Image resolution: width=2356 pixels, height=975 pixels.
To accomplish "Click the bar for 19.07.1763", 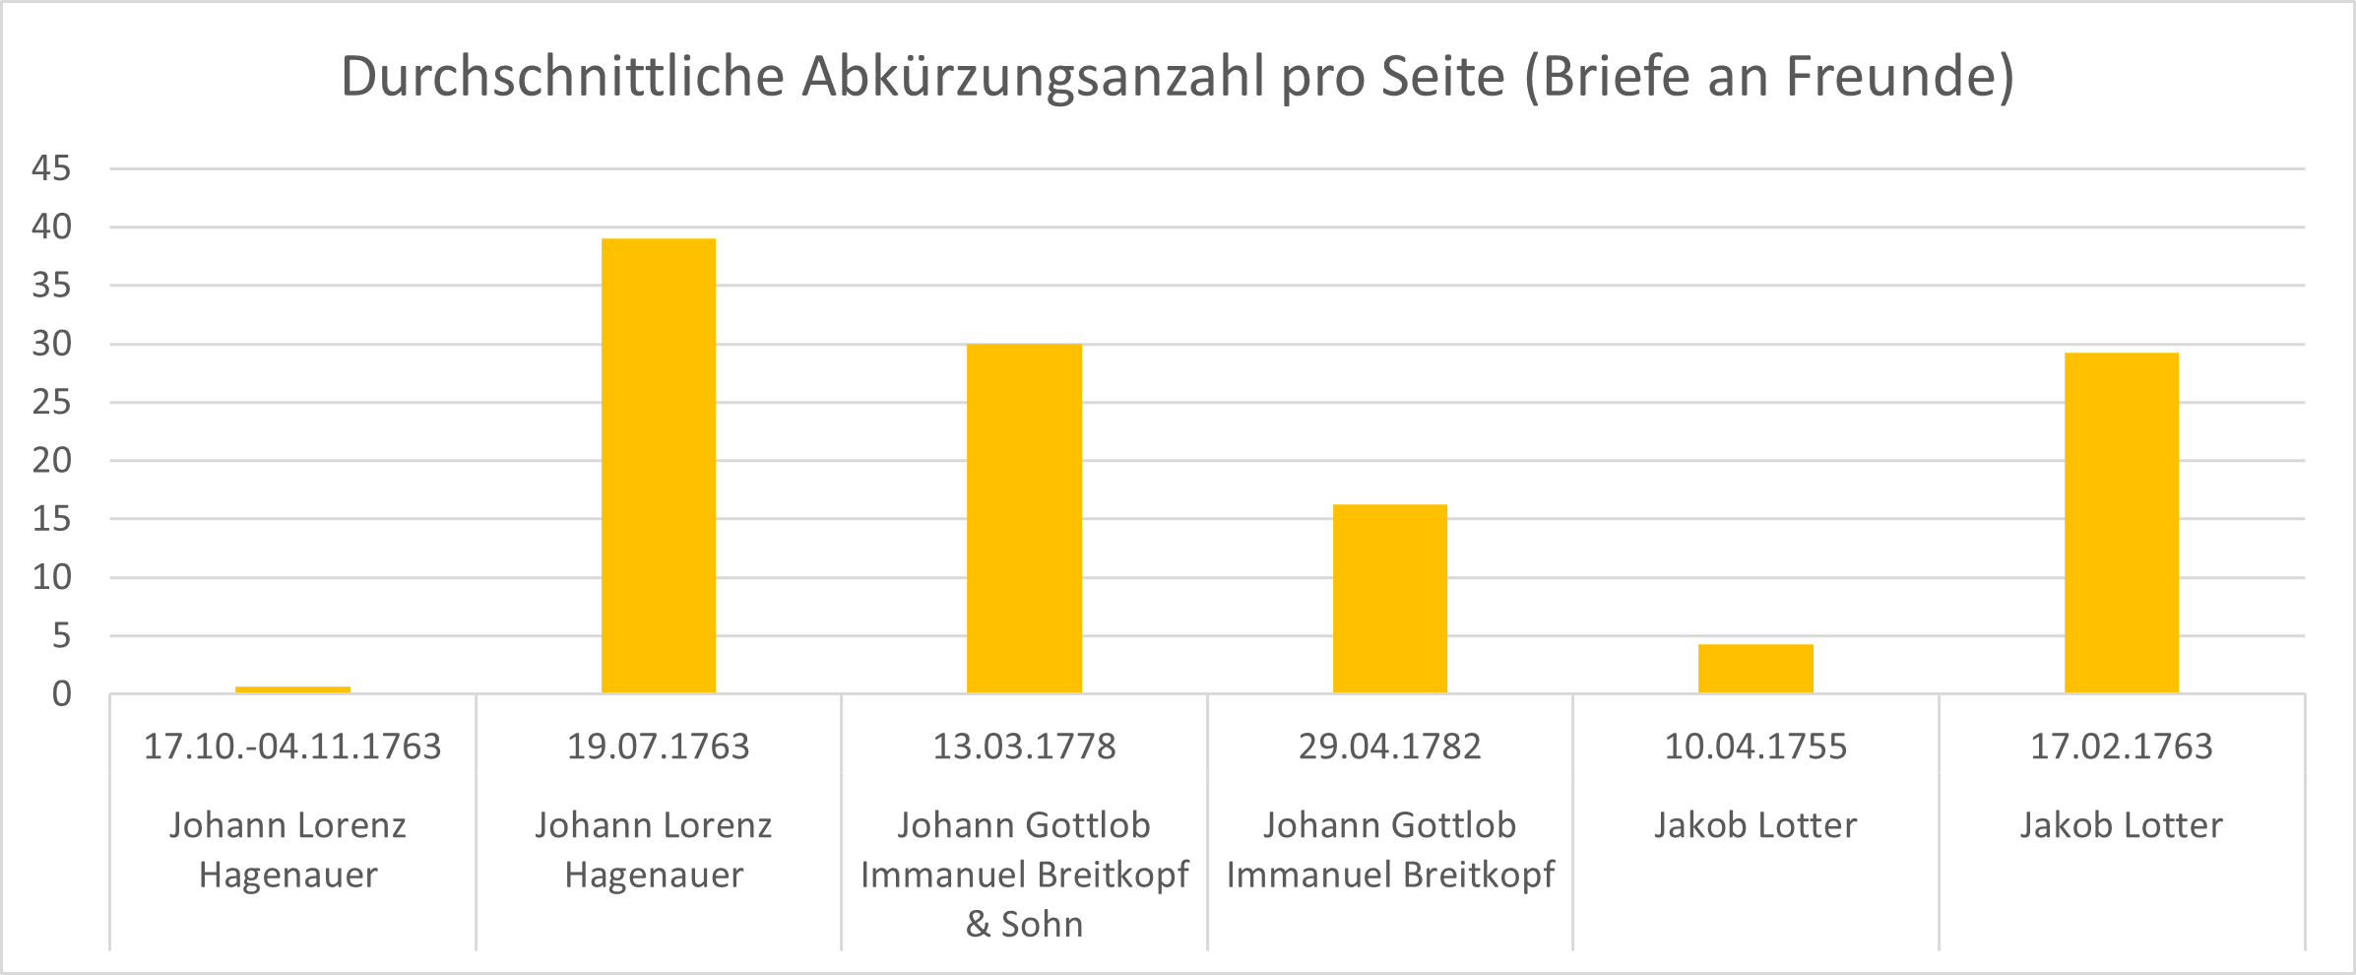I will point(659,466).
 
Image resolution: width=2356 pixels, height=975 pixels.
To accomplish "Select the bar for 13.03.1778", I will point(1024,519).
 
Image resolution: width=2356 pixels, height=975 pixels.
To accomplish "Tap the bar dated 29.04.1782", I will point(1389,599).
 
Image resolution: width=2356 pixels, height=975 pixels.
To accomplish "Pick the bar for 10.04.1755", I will point(1755,669).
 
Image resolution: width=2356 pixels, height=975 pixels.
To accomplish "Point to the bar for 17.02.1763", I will point(2121,523).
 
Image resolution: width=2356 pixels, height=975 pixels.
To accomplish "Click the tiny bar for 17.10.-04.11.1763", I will point(292,689).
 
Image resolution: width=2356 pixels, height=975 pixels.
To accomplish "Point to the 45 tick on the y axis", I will point(52,168).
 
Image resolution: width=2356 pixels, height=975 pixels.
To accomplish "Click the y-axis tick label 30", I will point(52,344).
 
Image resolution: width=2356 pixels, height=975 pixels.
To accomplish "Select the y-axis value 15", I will point(52,519).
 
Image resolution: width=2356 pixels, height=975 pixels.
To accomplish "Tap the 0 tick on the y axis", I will point(62,694).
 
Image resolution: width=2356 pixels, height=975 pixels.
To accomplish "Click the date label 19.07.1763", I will point(658,747).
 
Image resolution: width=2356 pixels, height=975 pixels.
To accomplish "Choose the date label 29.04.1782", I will point(1389,747).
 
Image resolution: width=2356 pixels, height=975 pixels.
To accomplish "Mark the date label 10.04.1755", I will point(1755,747).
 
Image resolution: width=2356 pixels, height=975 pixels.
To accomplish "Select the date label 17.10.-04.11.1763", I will point(292,747).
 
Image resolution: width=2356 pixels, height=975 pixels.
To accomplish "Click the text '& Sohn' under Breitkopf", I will point(1024,924).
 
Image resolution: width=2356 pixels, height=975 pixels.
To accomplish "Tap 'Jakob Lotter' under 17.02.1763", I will point(2121,825).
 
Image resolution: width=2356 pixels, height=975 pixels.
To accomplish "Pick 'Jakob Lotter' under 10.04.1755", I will point(1755,825).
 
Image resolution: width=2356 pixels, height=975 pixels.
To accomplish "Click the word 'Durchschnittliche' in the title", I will point(562,77).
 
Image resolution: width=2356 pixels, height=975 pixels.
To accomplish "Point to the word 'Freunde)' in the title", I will point(1900,77).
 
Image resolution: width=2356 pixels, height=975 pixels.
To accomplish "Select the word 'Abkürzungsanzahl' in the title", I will point(1033,77).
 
